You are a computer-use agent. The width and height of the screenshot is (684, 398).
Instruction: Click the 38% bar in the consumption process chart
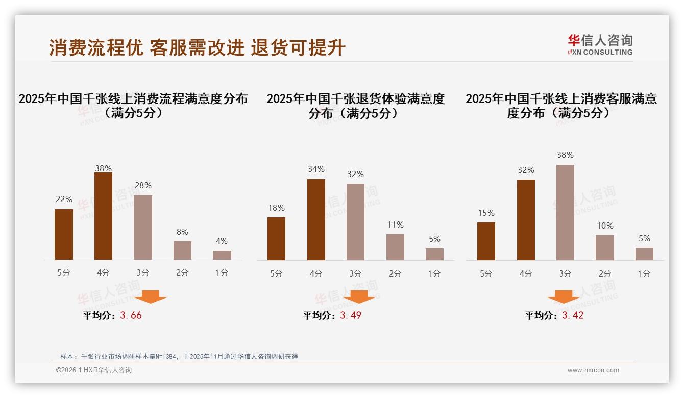(103, 216)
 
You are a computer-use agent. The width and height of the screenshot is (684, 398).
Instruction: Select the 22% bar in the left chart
(64, 235)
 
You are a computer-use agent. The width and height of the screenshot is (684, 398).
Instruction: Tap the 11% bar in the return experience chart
(395, 247)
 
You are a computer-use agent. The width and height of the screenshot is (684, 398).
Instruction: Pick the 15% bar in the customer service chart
(486, 241)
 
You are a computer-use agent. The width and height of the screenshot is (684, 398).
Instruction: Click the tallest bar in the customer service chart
(565, 212)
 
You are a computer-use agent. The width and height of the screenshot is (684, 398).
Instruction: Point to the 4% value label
(222, 241)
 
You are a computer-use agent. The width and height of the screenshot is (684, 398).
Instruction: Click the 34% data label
(316, 169)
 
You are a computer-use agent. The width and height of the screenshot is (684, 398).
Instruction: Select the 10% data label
(605, 226)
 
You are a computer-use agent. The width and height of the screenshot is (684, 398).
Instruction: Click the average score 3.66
(131, 315)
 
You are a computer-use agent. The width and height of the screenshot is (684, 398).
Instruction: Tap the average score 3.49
(351, 315)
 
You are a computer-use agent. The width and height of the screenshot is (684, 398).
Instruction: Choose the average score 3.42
(573, 315)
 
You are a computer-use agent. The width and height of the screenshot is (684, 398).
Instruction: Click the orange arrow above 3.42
(564, 297)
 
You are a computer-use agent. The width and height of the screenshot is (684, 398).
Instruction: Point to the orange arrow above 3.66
(151, 296)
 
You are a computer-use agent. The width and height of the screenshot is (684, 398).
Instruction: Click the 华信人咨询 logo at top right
(600, 44)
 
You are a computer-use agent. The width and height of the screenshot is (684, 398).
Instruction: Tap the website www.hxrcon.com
(593, 370)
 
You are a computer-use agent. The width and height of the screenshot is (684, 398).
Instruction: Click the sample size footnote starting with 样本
(179, 357)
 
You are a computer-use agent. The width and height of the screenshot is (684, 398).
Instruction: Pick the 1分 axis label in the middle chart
(434, 274)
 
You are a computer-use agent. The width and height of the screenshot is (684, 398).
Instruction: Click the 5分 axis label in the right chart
(486, 274)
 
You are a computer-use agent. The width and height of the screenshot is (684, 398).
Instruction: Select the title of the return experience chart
(355, 106)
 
